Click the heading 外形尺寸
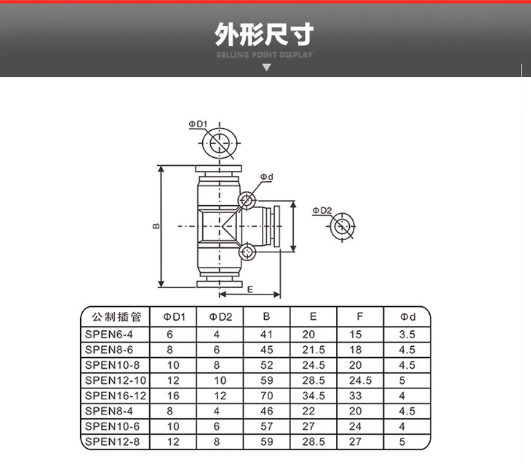click(264, 34)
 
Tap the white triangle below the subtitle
click(266, 68)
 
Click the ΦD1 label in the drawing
click(198, 124)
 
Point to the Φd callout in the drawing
click(266, 177)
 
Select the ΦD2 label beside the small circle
click(322, 211)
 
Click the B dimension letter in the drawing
click(156, 226)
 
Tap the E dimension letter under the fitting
click(250, 289)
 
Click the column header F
click(359, 316)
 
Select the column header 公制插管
click(116, 317)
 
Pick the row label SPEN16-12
click(116, 396)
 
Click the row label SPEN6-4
click(108, 335)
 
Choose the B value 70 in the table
click(267, 396)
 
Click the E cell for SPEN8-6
click(314, 350)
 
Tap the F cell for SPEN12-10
click(360, 380)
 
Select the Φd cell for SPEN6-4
click(407, 335)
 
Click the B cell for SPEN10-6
click(267, 426)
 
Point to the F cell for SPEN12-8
click(355, 441)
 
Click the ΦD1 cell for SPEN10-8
click(173, 365)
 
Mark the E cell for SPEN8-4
click(308, 411)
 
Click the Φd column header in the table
click(408, 317)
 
